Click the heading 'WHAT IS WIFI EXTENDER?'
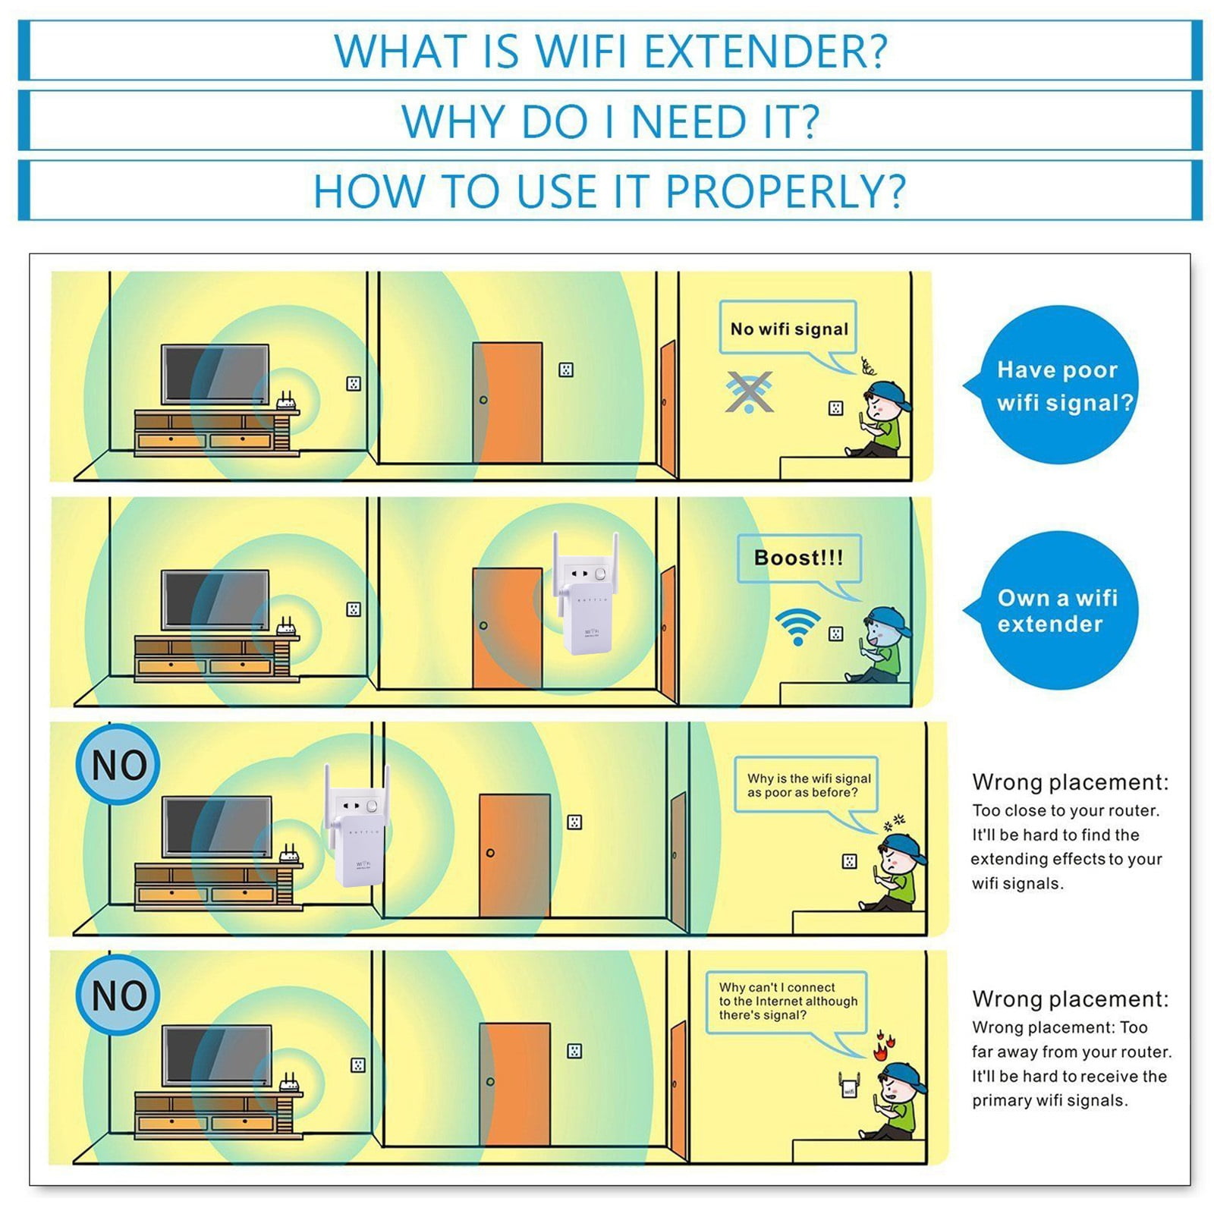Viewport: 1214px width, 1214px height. tap(611, 51)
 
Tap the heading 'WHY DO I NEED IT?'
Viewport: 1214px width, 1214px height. tap(611, 121)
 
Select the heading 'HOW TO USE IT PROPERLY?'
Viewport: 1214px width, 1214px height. tap(610, 191)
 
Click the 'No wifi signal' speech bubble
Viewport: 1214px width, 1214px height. tap(789, 334)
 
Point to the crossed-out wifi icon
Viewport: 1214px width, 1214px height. tap(749, 392)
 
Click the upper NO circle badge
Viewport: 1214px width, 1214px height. tap(118, 764)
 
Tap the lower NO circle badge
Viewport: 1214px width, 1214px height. tap(118, 995)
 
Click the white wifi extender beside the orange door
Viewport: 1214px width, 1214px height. tap(585, 593)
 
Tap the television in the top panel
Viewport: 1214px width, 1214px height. tap(215, 375)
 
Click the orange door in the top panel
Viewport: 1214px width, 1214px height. tap(507, 402)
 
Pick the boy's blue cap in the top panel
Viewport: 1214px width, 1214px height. tap(888, 395)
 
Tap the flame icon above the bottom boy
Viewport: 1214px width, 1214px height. tap(880, 1046)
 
